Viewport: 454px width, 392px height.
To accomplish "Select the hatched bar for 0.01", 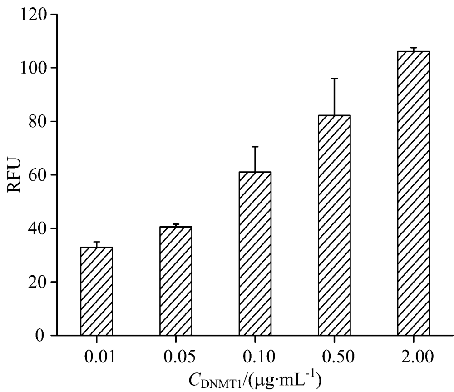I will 96,291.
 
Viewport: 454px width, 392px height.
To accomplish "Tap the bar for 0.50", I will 334,225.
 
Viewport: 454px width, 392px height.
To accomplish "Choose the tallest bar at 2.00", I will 413,193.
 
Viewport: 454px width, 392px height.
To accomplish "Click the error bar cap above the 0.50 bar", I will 334,79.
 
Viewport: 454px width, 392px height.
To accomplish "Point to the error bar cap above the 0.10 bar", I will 255,147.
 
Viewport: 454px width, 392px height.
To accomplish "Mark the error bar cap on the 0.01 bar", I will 96,242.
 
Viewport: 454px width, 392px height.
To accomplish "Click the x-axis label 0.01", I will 96,356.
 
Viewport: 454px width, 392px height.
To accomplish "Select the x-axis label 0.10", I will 255,356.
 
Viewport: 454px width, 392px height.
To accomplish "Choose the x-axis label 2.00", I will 413,356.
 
